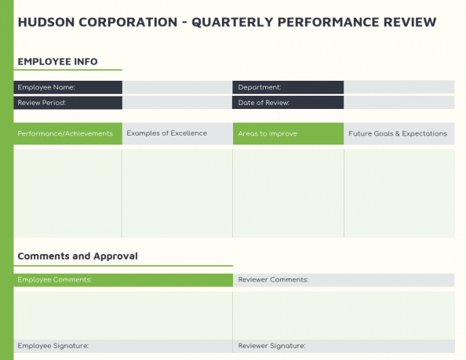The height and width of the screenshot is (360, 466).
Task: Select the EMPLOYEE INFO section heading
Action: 57,61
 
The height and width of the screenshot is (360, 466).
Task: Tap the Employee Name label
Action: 46,87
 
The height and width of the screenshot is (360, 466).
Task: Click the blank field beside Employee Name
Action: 177,87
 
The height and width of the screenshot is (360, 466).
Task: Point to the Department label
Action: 260,87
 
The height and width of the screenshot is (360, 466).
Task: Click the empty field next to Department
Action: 399,87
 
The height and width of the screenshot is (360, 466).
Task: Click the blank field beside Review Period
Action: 177,103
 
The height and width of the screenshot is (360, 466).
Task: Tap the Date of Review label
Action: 264,103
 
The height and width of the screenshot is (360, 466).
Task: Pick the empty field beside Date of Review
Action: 399,103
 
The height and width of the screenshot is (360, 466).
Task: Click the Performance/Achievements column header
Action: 66,133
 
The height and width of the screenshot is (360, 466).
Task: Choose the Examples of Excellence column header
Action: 167,133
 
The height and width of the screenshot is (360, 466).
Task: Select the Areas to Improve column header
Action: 268,133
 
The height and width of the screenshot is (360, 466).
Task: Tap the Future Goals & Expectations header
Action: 398,133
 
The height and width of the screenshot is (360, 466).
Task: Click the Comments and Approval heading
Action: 78,256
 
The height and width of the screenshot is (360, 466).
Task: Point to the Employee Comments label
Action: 55,279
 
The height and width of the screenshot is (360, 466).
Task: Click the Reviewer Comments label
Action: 273,279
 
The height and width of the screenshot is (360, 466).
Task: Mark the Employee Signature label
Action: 53,346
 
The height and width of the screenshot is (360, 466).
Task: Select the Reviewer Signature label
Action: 271,346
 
